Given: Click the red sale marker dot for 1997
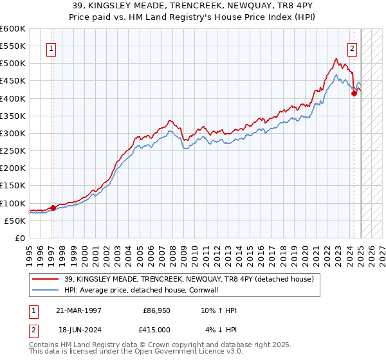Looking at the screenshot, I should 53,208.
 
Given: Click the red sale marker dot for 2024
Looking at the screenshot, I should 354,93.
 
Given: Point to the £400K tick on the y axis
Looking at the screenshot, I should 13,98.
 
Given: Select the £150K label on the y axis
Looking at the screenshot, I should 13,186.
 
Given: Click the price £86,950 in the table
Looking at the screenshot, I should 156,310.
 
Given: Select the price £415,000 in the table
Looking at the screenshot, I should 156,330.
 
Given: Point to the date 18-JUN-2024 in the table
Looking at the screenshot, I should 78,330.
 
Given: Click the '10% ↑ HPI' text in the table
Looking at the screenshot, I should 219,310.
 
